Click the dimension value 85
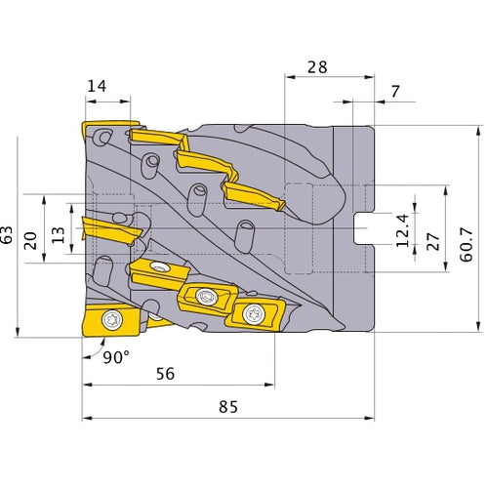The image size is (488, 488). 228,407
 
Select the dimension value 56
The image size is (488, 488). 165,374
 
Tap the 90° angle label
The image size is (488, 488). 116,357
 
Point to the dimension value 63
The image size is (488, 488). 7,234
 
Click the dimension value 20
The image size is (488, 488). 31,241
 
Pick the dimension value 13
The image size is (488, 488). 59,235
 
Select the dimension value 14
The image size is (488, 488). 97,86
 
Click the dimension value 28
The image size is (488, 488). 317,67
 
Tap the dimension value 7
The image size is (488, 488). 395,92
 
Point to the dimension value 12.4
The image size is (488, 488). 403,230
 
